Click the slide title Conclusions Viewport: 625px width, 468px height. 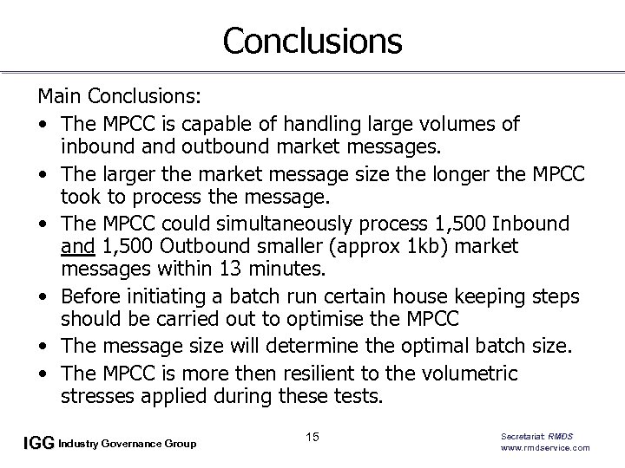pos(312,41)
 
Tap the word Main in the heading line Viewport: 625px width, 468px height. pos(56,93)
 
